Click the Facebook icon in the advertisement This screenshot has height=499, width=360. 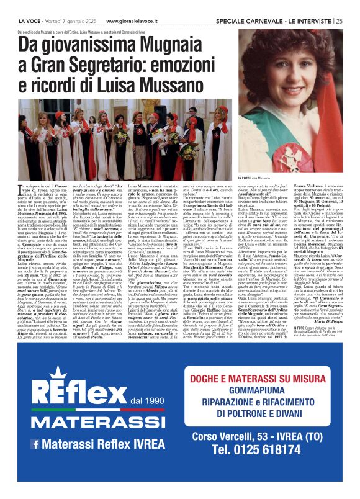click(x=35, y=443)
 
